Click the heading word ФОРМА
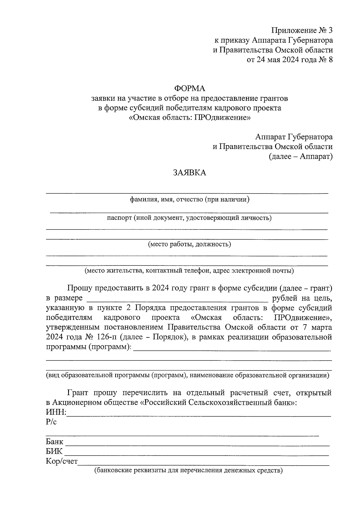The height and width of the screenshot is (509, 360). click(x=189, y=88)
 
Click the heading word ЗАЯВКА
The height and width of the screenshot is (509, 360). click(x=189, y=173)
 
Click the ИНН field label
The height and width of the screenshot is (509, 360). click(x=56, y=412)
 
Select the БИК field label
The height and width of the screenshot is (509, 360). click(x=54, y=451)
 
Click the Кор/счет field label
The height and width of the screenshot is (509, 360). click(x=61, y=461)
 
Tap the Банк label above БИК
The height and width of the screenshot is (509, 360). click(x=55, y=442)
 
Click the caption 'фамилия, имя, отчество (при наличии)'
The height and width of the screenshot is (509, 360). click(x=189, y=199)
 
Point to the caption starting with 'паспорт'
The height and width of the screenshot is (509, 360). click(x=189, y=218)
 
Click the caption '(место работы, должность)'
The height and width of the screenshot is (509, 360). click(x=189, y=244)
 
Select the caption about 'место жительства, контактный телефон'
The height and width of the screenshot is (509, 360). click(x=189, y=271)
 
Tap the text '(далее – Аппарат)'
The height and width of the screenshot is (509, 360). click(x=301, y=156)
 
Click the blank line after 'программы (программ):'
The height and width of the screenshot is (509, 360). click(x=232, y=348)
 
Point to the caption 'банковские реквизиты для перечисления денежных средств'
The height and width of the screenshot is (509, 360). click(x=189, y=470)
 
